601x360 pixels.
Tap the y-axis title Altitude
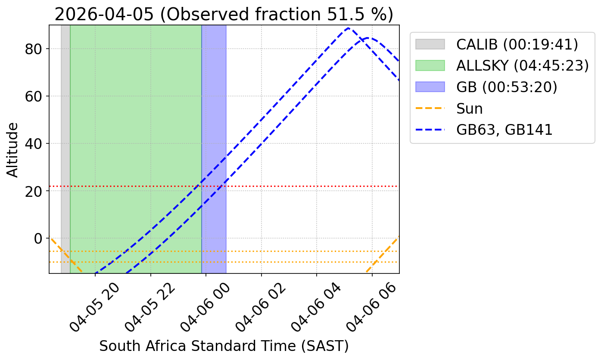pyautogui.click(x=13, y=149)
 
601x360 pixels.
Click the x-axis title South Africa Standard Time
pyautogui.click(x=224, y=346)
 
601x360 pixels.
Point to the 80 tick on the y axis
pyautogui.click(x=36, y=49)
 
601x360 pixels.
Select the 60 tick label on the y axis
pyautogui.click(x=36, y=96)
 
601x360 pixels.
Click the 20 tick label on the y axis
pyautogui.click(x=36, y=191)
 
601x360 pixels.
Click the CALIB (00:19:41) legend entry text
pyautogui.click(x=517, y=44)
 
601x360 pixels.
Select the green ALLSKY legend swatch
pyautogui.click(x=430, y=65)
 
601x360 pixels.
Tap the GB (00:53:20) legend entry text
pyautogui.click(x=507, y=87)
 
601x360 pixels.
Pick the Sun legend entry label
pyautogui.click(x=470, y=109)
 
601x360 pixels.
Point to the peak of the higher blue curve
pyautogui.click(x=348, y=28)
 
